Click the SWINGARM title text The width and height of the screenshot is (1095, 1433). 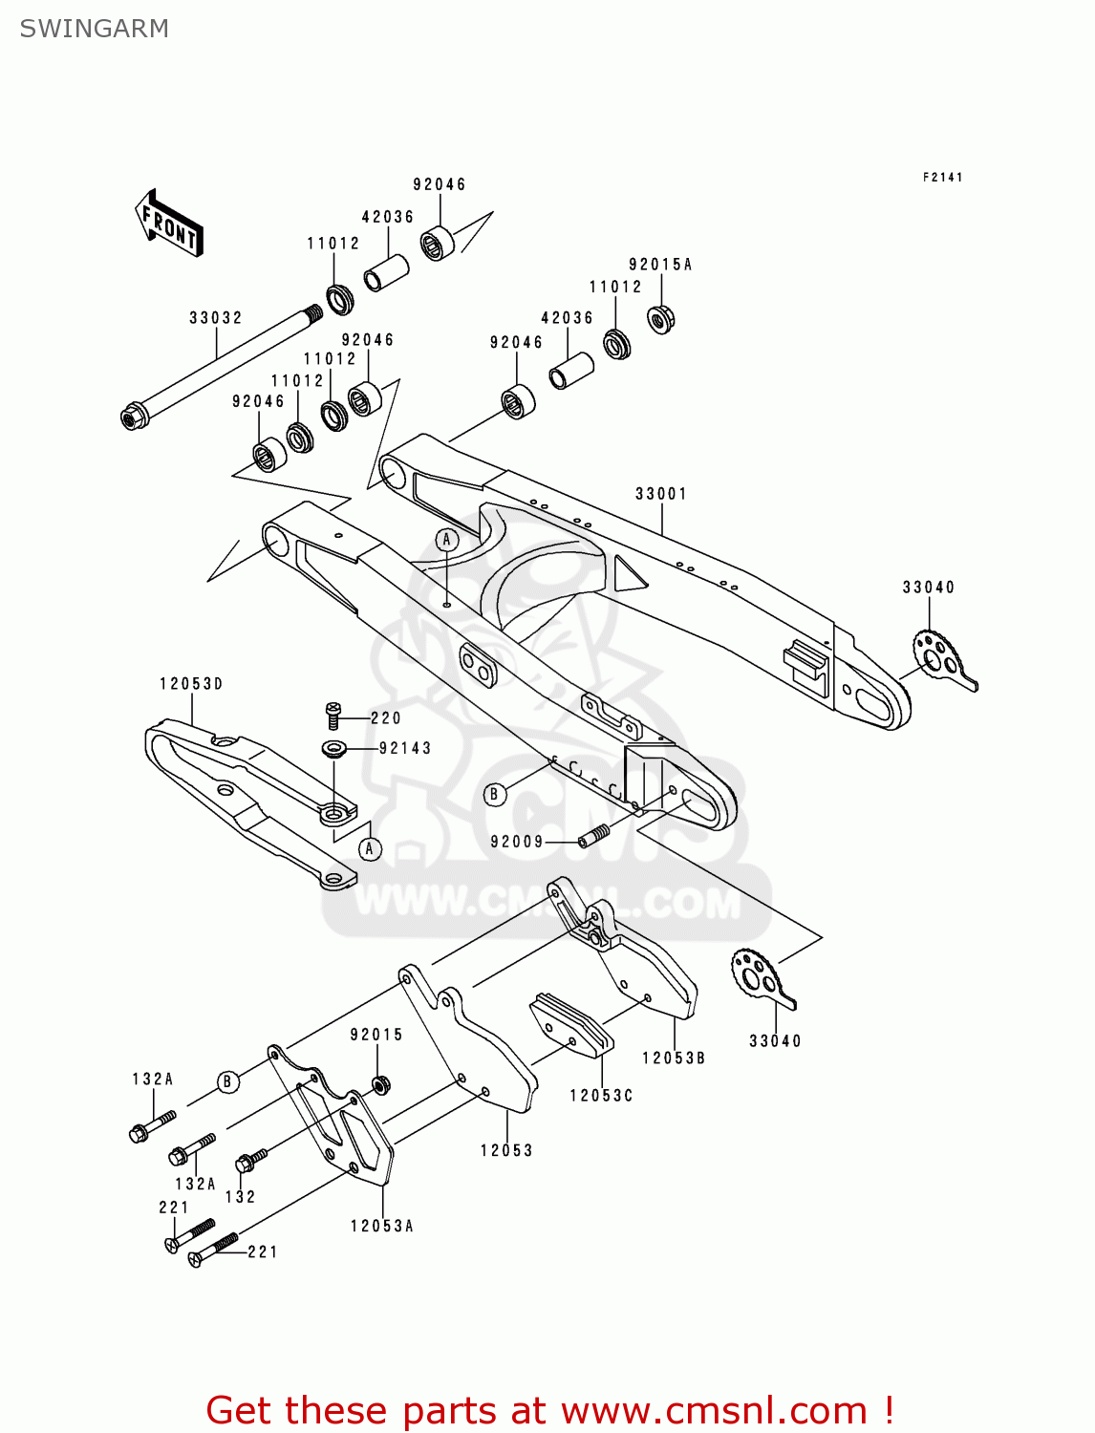coord(94,29)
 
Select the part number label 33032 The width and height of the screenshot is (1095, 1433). coord(215,317)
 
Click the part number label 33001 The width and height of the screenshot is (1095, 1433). coord(661,493)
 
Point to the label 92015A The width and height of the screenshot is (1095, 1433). coord(659,265)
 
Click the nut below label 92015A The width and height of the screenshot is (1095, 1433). coord(660,318)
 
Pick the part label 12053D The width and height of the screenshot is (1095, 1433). coord(191,683)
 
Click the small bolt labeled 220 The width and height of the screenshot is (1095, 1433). coord(333,715)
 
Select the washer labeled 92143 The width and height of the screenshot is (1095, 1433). coord(333,748)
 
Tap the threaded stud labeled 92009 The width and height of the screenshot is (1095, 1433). coord(594,838)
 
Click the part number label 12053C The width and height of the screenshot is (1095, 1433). coord(601,1095)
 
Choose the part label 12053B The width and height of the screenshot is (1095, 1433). coord(674,1058)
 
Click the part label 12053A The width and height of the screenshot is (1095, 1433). coord(381,1226)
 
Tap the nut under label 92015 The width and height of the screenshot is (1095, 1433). coord(378,1085)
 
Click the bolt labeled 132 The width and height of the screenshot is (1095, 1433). coord(250,1161)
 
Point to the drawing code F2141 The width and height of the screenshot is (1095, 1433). coord(942,178)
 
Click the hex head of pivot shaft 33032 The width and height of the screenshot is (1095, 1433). coord(133,417)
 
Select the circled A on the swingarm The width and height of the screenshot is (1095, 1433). coord(447,540)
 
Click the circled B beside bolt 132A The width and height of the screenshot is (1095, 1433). coord(227,1081)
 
